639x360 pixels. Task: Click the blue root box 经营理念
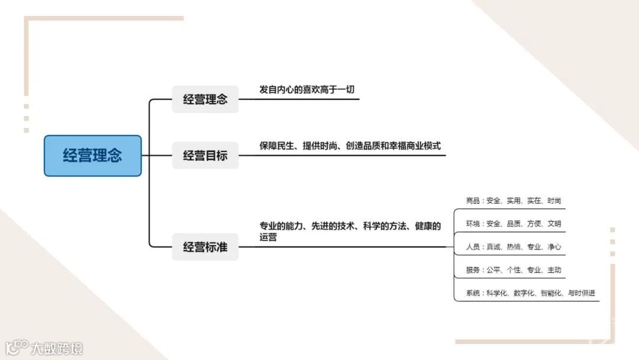[x=93, y=156]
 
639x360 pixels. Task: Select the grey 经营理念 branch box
[x=205, y=99]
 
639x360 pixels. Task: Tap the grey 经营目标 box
[x=205, y=156]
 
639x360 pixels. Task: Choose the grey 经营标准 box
[x=205, y=247]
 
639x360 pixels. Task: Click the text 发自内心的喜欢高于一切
[x=307, y=89]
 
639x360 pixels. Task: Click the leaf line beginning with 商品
[x=513, y=201]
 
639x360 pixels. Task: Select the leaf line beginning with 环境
[x=513, y=224]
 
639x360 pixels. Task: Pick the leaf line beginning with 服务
[x=513, y=270]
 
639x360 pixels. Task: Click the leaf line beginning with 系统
[x=530, y=293]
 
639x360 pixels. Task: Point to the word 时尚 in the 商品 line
[x=554, y=201]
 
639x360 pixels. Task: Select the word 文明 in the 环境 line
[x=554, y=224]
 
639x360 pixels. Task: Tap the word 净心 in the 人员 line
[x=554, y=247]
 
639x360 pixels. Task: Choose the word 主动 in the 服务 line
[x=554, y=270]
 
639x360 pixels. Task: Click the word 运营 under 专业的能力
[x=268, y=237]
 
